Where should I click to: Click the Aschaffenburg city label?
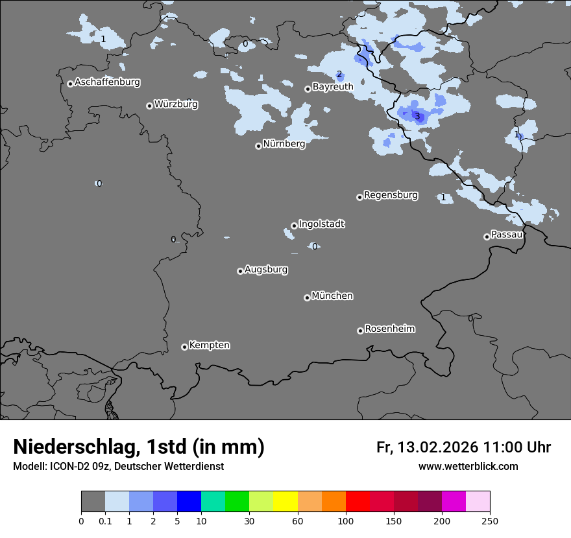[x=107, y=82]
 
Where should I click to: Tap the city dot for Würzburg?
[x=149, y=106]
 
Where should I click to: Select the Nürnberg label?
[x=284, y=144]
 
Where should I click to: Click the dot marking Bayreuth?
[x=308, y=89]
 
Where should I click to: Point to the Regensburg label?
[x=391, y=194]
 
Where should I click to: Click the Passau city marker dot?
[x=487, y=237]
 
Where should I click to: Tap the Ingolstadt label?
[x=321, y=224]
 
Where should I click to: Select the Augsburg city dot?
[x=240, y=271]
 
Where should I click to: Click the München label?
[x=332, y=296]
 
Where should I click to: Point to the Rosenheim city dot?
[x=360, y=331]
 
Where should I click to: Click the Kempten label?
[x=209, y=345]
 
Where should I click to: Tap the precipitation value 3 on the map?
[x=417, y=117]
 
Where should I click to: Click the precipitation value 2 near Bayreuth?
[x=339, y=75]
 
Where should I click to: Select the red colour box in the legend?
[x=358, y=502]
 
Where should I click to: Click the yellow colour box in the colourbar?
[x=285, y=502]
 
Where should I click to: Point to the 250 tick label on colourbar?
[x=490, y=520]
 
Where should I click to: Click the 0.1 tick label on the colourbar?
[x=105, y=520]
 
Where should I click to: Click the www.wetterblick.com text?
[x=468, y=466]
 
